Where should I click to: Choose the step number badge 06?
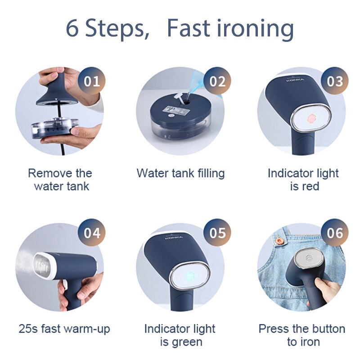pos(335,233)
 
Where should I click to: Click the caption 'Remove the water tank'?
pos(60,179)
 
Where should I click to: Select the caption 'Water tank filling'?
pos(180,173)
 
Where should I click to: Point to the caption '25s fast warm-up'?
pos(64,328)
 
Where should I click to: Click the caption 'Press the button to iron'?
pos(302,335)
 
